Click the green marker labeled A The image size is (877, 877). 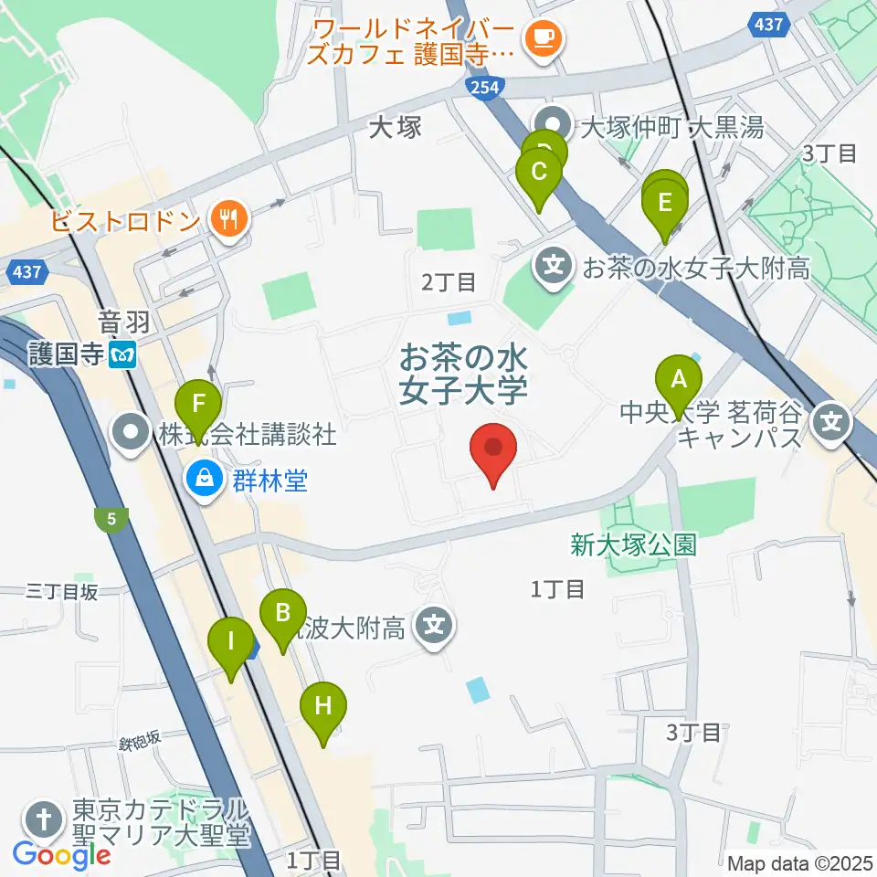click(x=678, y=378)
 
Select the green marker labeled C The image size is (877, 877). click(x=539, y=172)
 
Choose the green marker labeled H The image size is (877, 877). click(x=322, y=706)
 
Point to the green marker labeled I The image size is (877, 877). click(x=231, y=641)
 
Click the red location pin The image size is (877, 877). click(x=493, y=449)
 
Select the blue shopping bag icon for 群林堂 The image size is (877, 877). click(x=203, y=477)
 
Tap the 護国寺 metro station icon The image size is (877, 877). click(x=121, y=354)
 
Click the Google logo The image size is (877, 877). click(x=61, y=855)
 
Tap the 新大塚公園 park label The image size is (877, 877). click(x=634, y=545)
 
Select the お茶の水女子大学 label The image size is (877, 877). click(x=463, y=374)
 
